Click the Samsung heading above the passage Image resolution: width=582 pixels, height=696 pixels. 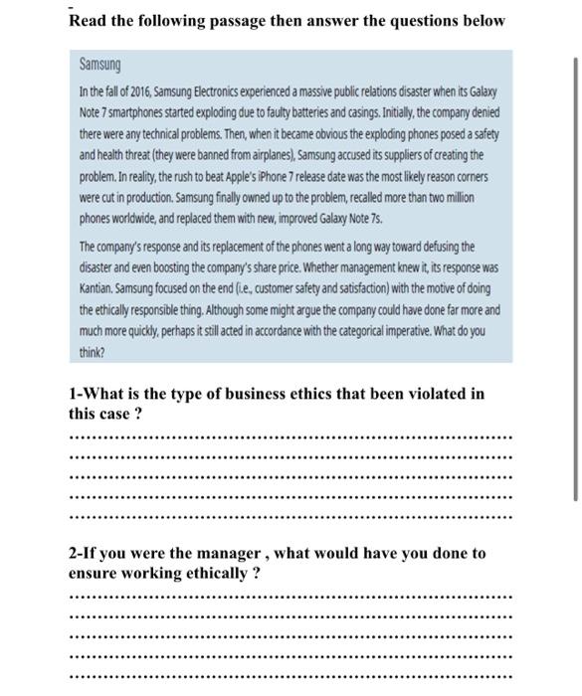[99, 65]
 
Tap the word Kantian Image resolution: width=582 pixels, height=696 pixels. [101, 288]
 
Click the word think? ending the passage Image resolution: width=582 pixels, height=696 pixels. [92, 352]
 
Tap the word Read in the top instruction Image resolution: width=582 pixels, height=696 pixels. [88, 20]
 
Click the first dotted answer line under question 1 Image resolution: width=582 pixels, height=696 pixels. [291, 436]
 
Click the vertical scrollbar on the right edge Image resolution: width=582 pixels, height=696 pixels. [574, 278]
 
